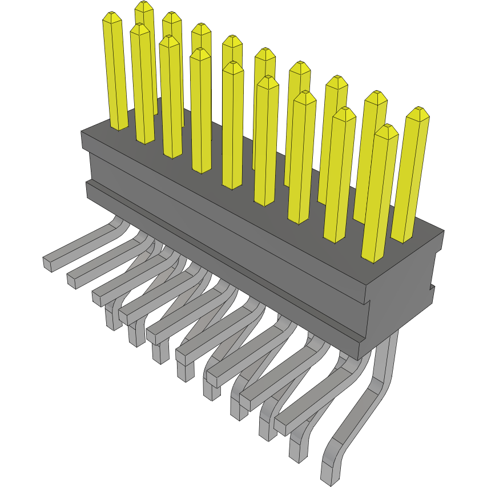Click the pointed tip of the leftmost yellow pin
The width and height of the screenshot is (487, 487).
tap(112, 17)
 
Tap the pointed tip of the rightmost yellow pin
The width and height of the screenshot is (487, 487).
tap(418, 111)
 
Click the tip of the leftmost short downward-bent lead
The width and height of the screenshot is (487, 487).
tap(112, 321)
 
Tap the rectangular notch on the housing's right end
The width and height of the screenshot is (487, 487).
tap(433, 292)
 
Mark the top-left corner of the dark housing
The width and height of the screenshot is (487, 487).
tap(82, 132)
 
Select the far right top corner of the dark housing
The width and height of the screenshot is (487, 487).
tap(443, 231)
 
